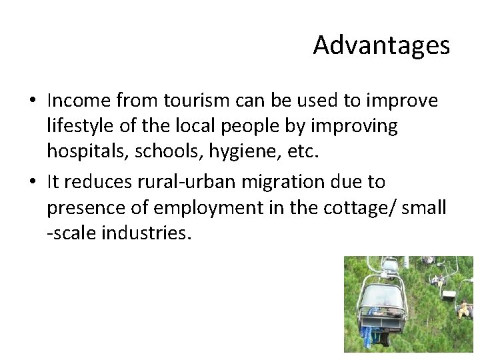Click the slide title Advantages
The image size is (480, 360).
[381, 45]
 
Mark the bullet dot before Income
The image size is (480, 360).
[33, 101]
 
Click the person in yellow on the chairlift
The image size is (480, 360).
[463, 309]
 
